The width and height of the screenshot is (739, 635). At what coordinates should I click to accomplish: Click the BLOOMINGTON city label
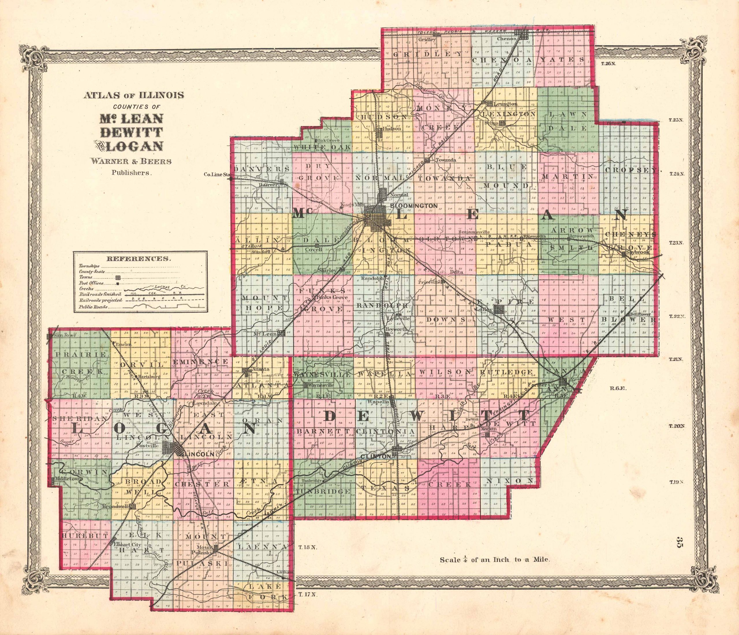pos(414,206)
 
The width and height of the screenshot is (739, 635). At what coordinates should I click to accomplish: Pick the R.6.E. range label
pos(614,387)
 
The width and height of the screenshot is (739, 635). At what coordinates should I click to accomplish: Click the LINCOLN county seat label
pos(198,455)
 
